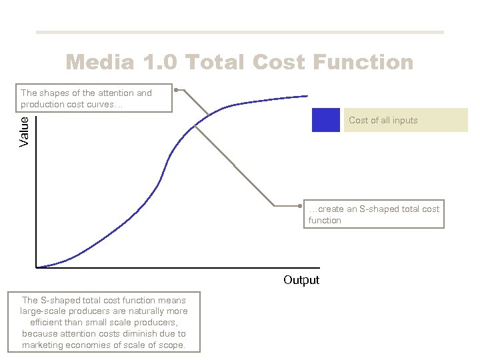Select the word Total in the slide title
[217, 63]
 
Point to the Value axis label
[25, 131]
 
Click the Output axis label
[301, 280]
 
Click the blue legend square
[325, 120]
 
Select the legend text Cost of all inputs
[383, 121]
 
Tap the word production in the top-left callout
[45, 104]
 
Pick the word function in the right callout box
[325, 221]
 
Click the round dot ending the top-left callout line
[176, 89]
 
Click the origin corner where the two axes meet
[36, 267]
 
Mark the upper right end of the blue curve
[307, 96]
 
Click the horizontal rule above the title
[239, 32]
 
